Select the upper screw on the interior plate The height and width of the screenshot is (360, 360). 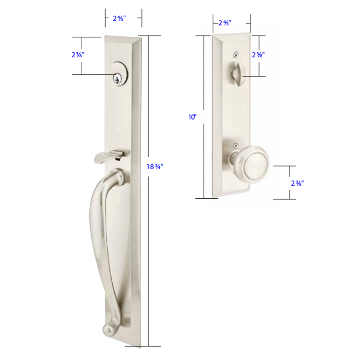tap(236, 54)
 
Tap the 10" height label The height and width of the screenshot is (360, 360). tap(193, 117)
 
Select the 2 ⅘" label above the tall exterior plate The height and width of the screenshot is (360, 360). tap(119, 19)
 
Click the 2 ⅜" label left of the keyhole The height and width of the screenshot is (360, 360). tap(74, 55)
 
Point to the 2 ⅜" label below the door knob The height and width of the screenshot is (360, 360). tap(297, 182)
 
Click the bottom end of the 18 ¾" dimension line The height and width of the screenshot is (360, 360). tap(148, 346)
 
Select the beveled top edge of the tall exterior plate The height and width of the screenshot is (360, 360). tap(122, 38)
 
